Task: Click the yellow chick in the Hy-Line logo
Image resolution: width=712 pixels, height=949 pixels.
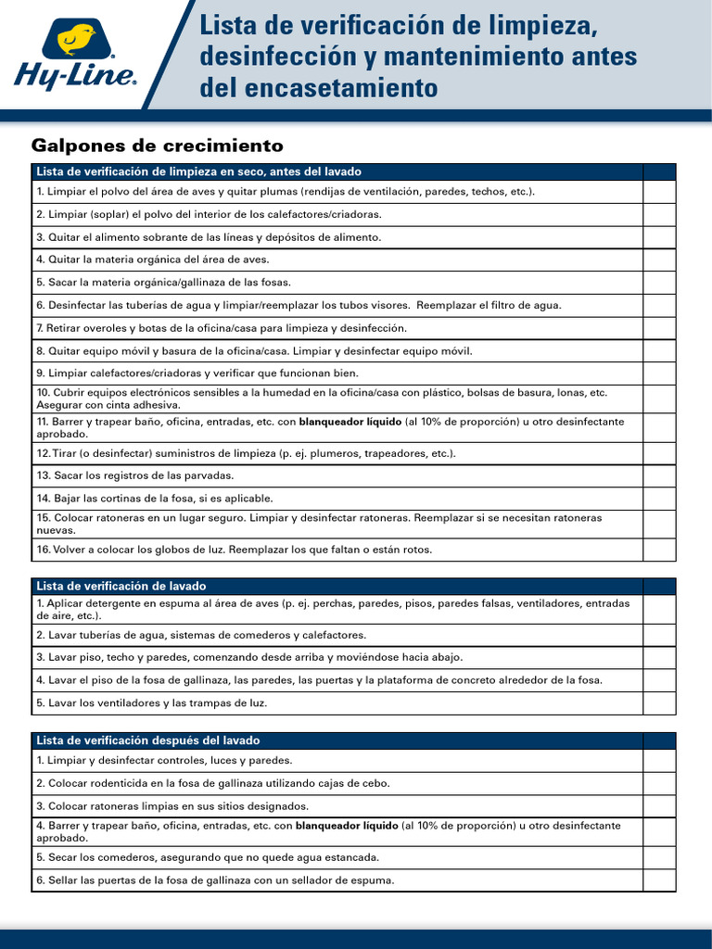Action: (77, 40)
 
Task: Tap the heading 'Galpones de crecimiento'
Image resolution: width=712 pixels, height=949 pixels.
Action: (157, 146)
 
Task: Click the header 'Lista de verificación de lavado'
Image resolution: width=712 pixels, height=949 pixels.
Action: (121, 586)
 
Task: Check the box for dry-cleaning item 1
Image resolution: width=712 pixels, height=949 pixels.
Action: (659, 191)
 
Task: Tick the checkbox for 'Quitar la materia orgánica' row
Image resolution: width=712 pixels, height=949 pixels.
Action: (659, 259)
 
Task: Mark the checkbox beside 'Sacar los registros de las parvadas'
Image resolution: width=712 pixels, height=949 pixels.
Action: (659, 475)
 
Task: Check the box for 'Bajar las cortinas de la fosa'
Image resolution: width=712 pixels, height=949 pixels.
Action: (659, 499)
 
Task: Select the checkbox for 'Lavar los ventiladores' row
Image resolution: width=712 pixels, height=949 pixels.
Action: (659, 703)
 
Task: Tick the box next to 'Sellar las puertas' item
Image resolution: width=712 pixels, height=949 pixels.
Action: (659, 880)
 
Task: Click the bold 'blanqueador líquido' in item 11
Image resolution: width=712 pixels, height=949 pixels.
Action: (350, 422)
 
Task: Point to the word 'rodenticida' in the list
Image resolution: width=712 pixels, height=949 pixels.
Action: (125, 783)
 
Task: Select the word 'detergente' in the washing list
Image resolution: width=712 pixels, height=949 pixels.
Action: (116, 603)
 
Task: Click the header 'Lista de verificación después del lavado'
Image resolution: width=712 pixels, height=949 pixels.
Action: (148, 740)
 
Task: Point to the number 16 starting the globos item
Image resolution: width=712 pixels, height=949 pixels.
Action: (43, 550)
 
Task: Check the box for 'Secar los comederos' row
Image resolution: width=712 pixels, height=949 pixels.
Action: (659, 857)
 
